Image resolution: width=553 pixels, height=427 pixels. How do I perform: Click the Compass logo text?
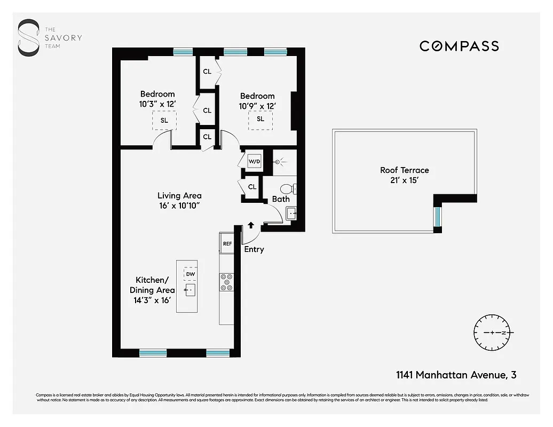point(459,46)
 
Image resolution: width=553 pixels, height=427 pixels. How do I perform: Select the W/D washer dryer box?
point(254,161)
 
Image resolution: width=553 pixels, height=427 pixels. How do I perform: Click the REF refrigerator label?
point(227,244)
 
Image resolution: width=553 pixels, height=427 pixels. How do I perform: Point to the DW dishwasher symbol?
point(191,274)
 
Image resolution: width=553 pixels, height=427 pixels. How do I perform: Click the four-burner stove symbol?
point(227,282)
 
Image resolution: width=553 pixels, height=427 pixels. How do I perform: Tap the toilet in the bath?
point(287,189)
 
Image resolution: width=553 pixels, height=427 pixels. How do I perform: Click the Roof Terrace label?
point(404,170)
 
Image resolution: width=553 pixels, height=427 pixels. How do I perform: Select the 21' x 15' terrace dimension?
point(404,180)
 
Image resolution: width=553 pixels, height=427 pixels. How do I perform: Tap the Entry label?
point(254,249)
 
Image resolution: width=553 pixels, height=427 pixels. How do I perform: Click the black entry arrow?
point(251,226)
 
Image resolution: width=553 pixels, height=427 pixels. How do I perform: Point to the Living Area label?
point(179,196)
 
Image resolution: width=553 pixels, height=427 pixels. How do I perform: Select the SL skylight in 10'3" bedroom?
point(164,120)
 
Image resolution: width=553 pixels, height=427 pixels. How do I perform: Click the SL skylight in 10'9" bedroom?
point(260,119)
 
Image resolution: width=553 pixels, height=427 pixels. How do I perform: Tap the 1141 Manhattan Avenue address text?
point(456,375)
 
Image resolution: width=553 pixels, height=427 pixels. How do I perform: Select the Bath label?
point(281,199)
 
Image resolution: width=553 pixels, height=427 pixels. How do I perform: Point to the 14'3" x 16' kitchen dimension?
point(152,301)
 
